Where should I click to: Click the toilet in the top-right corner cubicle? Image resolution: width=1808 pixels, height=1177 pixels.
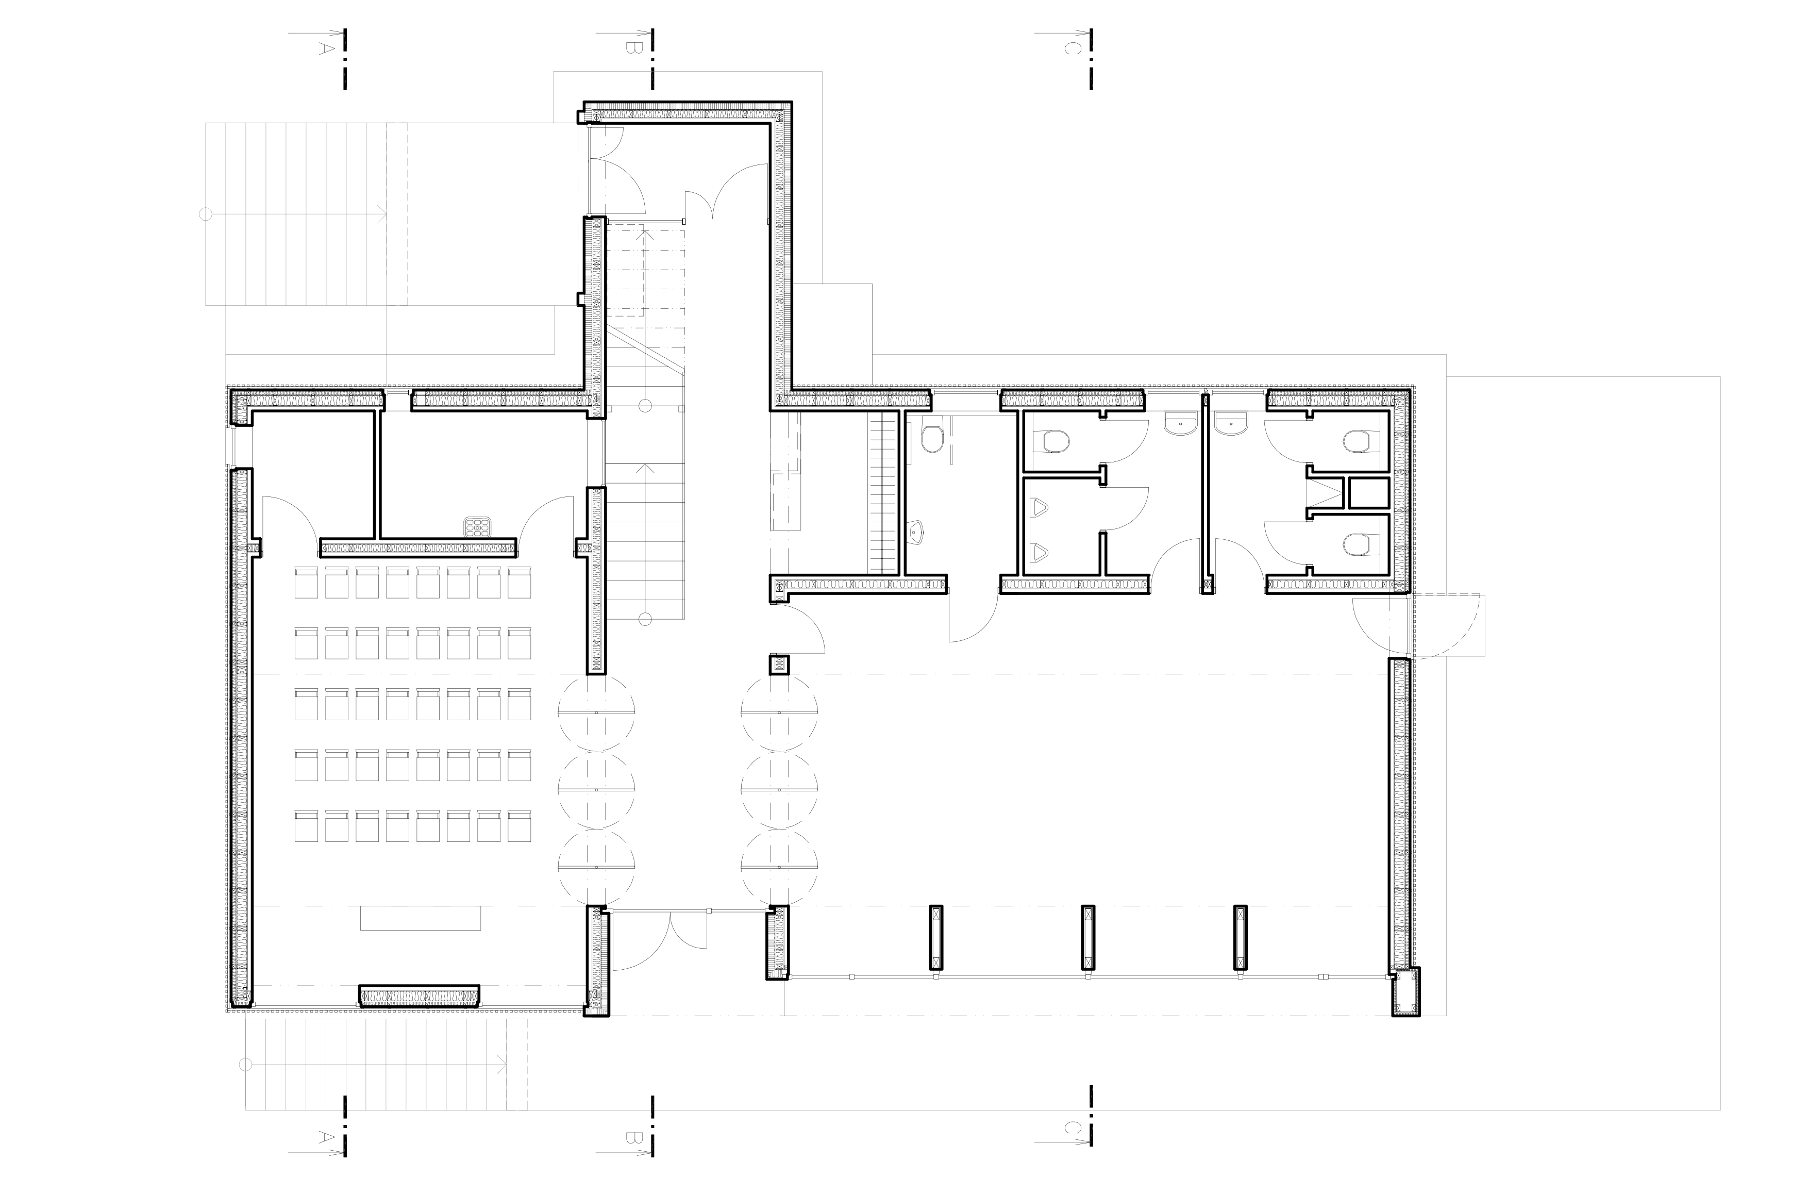(1361, 441)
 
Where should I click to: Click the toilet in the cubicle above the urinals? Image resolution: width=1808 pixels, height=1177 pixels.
(1052, 441)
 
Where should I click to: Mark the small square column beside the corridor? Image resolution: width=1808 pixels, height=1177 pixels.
(779, 666)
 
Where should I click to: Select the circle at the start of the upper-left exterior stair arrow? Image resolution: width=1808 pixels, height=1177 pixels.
(205, 214)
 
